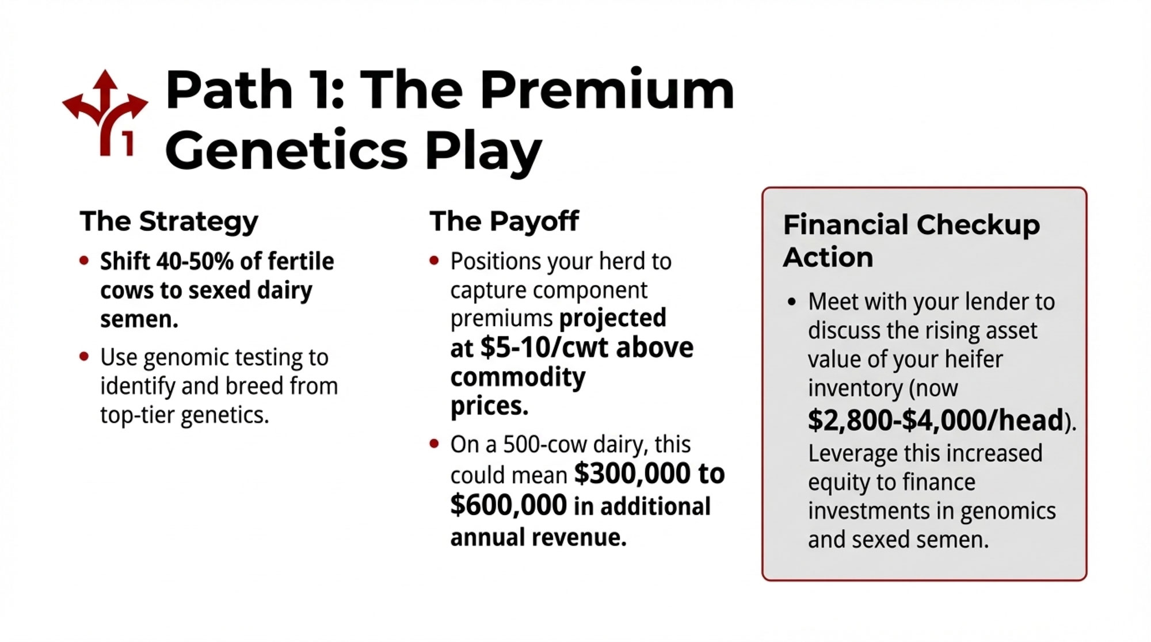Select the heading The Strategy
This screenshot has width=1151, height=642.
pyautogui.click(x=169, y=221)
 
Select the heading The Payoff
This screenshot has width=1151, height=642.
pyautogui.click(x=504, y=221)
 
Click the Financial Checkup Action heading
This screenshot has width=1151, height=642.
pyautogui.click(x=912, y=240)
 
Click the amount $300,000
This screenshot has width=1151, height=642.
pyautogui.click(x=632, y=473)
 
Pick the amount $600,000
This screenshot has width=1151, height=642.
pyautogui.click(x=509, y=505)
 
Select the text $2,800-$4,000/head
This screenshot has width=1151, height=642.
pyautogui.click(x=936, y=420)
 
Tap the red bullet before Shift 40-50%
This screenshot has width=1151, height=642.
pyautogui.click(x=85, y=261)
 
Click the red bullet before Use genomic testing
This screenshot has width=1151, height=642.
pyautogui.click(x=85, y=357)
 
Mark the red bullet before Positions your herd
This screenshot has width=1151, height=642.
pyautogui.click(x=435, y=261)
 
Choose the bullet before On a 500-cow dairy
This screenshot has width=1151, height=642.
pyautogui.click(x=435, y=444)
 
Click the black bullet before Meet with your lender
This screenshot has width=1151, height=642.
pyautogui.click(x=792, y=302)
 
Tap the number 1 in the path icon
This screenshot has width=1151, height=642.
pyautogui.click(x=128, y=144)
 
